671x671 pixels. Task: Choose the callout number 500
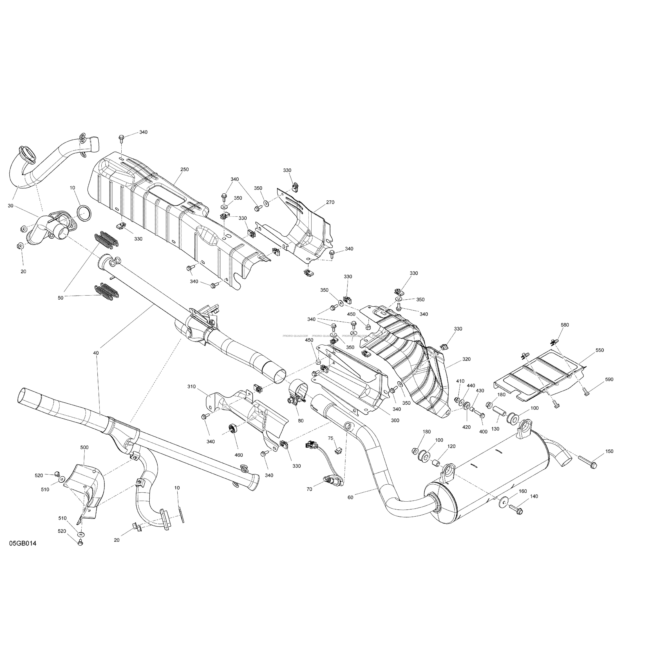tap(84, 448)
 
